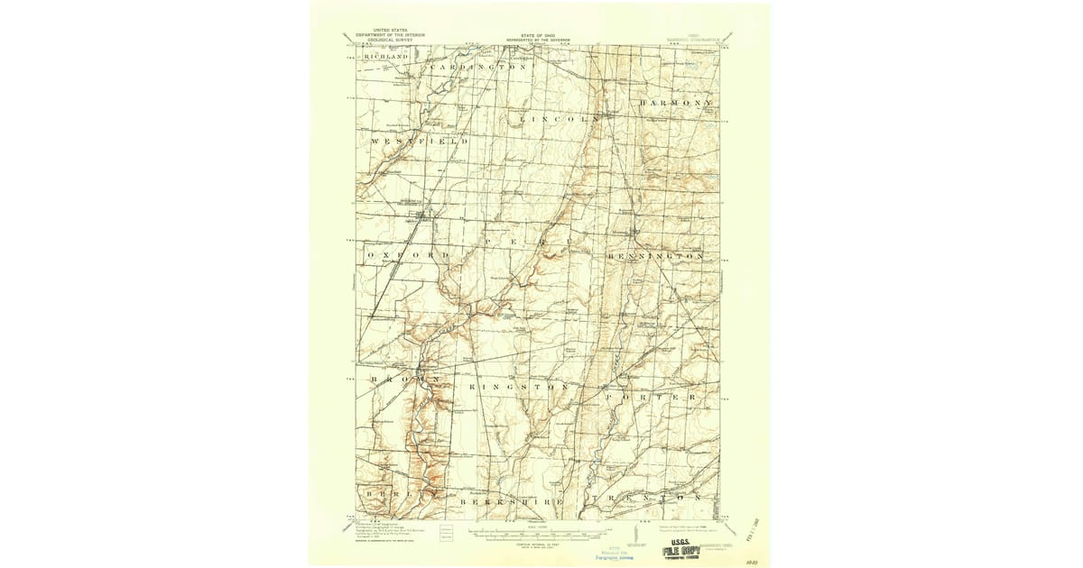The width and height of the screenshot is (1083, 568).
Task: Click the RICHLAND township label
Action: [x=386, y=57]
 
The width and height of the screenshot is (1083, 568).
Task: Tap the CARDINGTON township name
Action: [x=477, y=68]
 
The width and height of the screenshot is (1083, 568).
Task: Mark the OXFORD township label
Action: [x=409, y=256]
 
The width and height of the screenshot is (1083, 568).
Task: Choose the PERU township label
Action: [x=516, y=243]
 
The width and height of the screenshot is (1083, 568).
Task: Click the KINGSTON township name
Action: [x=518, y=387]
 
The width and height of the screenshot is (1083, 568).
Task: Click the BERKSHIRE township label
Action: [x=512, y=500]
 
